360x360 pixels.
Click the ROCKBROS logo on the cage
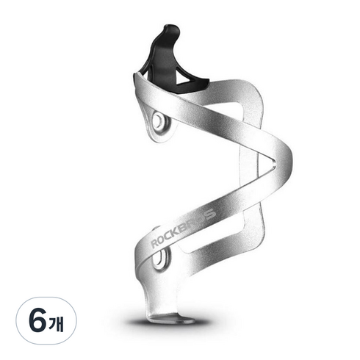[x=183, y=228]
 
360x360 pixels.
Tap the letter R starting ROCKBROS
[x=154, y=243]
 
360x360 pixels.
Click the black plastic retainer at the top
[x=171, y=61]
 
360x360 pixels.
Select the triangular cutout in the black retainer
[x=185, y=76]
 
